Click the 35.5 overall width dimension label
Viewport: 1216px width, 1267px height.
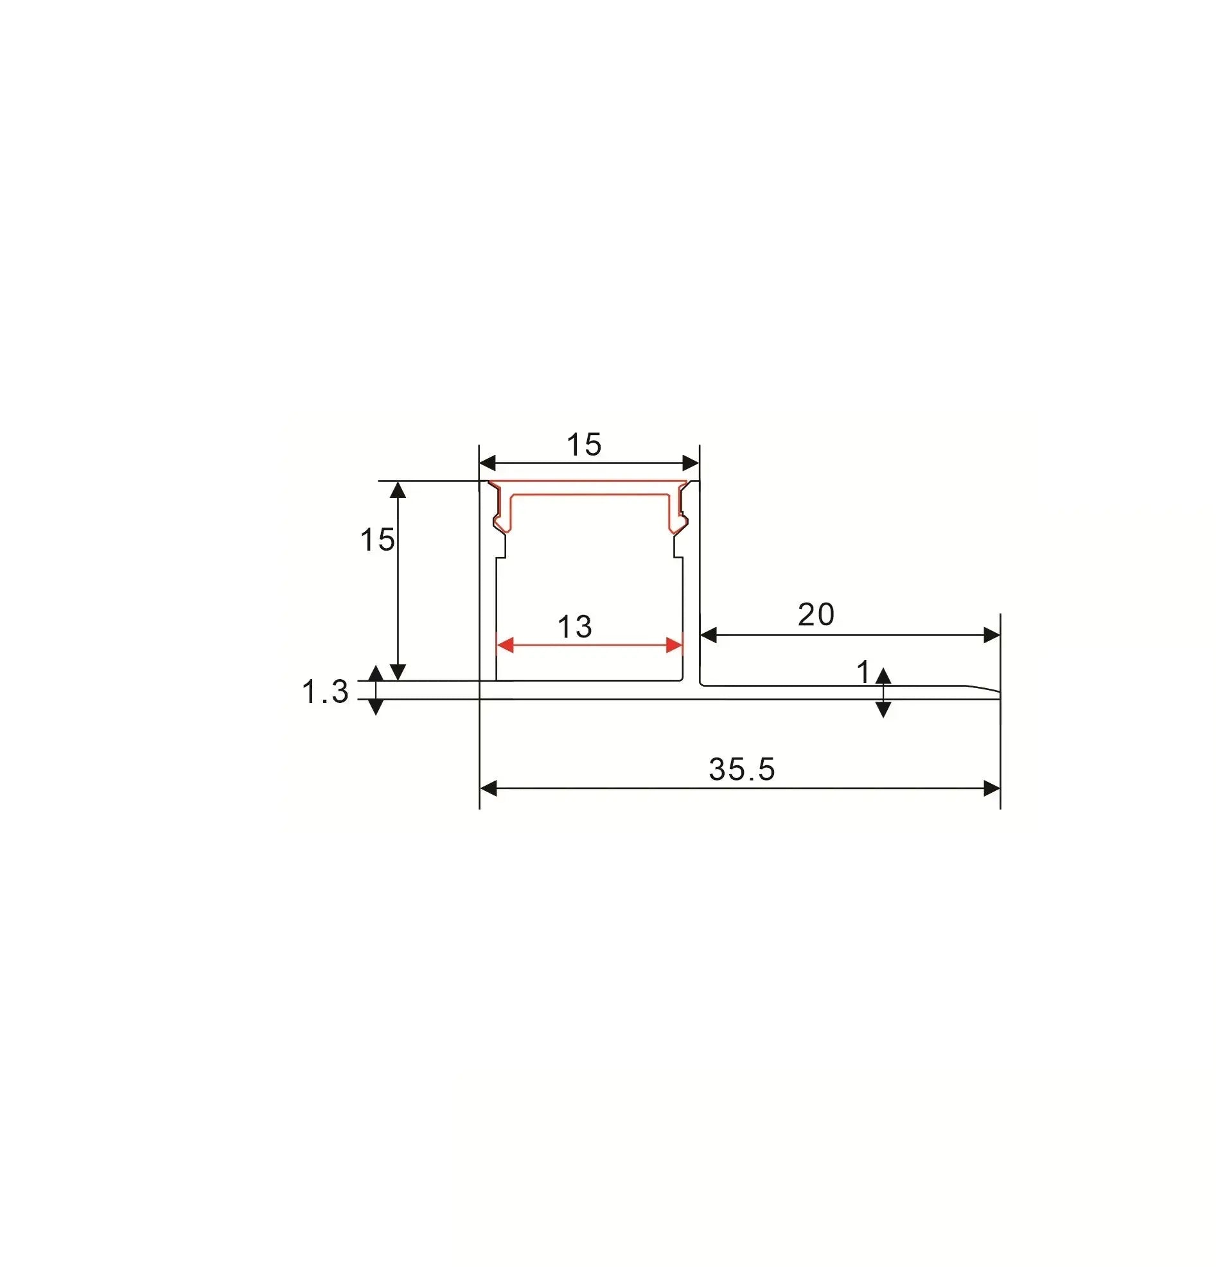point(741,769)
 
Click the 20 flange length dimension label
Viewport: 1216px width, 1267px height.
point(816,614)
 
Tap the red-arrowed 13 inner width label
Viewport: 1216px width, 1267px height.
point(574,626)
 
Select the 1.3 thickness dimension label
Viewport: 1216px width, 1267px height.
point(325,692)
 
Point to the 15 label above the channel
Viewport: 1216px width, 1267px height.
point(584,445)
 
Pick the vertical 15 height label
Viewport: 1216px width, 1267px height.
point(377,539)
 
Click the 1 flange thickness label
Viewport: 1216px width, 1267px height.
point(863,672)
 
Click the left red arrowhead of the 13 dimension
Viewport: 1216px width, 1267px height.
point(504,644)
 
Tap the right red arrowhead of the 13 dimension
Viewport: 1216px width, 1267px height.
point(674,644)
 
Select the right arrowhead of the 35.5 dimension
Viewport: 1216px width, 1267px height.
point(992,788)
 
